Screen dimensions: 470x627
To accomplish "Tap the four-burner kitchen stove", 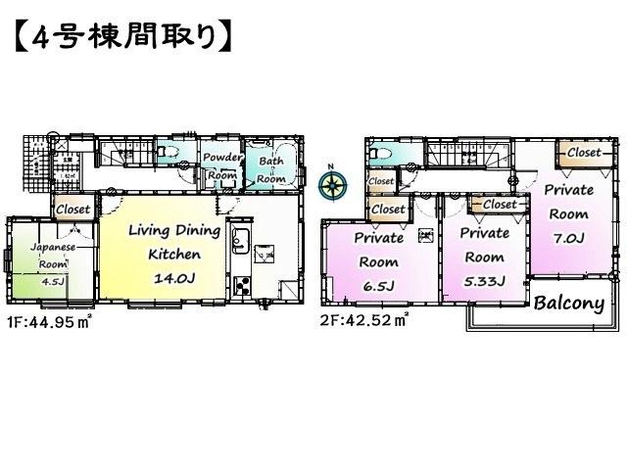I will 241,287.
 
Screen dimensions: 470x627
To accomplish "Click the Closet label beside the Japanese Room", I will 72,209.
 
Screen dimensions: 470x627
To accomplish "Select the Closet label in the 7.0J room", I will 584,153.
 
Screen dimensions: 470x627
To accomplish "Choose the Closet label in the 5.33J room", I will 498,205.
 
